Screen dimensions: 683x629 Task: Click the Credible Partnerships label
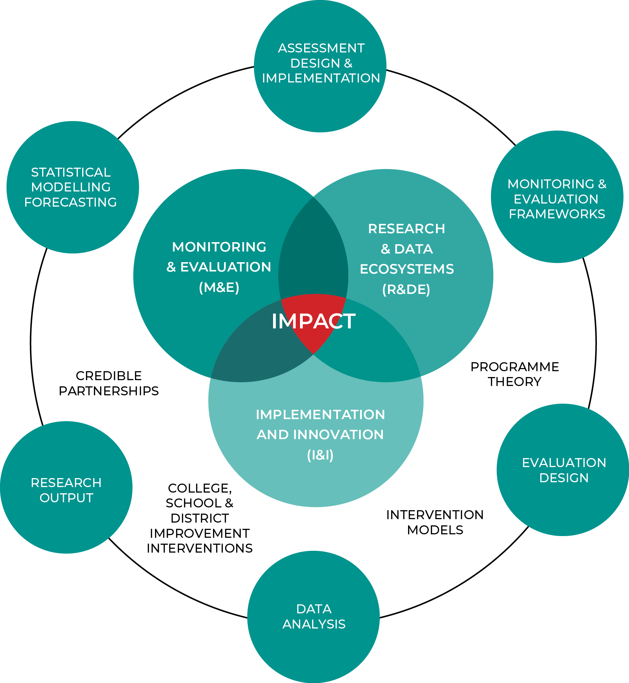click(109, 383)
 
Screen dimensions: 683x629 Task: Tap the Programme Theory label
click(515, 374)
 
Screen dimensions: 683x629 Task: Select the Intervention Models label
click(435, 522)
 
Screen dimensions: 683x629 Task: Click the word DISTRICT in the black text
click(200, 518)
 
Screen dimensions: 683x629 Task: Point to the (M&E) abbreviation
click(219, 287)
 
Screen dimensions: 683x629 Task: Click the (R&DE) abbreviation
click(406, 289)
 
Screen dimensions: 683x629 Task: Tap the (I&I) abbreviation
click(320, 455)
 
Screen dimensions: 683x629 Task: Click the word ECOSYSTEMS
click(407, 269)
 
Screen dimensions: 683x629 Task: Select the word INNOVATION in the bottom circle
click(338, 435)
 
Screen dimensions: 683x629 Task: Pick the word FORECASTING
click(70, 202)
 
